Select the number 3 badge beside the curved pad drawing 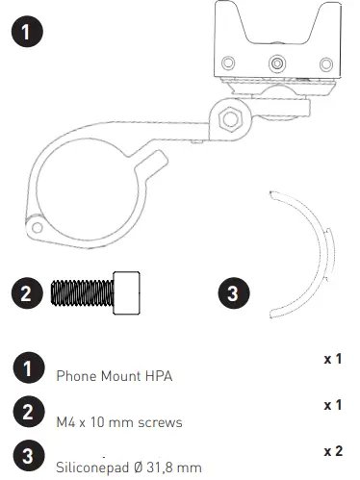(x=236, y=292)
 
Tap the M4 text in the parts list (x=65, y=420)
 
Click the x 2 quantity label (x=333, y=449)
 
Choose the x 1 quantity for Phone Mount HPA (x=333, y=358)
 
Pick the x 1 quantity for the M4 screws (x=333, y=404)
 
